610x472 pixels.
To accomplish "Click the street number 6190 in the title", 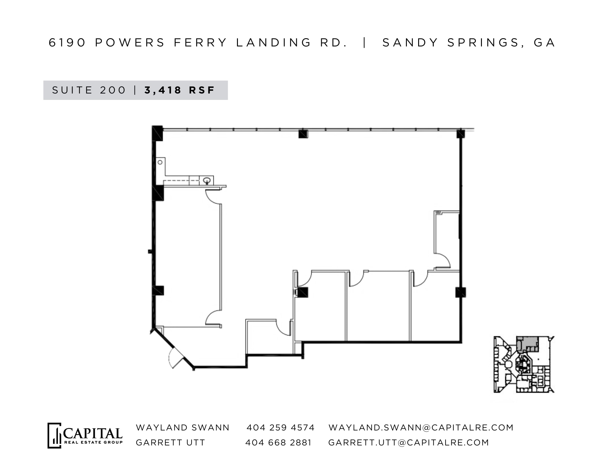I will [67, 42].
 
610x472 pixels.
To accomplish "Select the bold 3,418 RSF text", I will [180, 90].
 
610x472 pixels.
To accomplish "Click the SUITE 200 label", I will [89, 90].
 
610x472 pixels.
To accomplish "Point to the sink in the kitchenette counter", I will [206, 180].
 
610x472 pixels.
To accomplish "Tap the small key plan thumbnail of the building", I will [524, 364].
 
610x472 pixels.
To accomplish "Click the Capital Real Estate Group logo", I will [85, 435].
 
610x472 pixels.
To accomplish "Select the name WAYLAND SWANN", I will [182, 427].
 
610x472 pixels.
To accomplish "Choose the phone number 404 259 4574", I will [280, 427].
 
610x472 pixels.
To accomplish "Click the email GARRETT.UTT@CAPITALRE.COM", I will [408, 442].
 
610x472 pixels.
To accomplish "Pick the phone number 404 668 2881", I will [278, 442].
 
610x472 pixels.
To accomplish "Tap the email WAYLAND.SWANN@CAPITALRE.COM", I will [421, 427].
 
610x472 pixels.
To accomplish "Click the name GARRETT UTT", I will [170, 442].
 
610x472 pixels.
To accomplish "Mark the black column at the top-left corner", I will [157, 133].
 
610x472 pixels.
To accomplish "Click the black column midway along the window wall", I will [303, 134].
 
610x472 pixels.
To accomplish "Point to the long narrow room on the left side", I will [188, 260].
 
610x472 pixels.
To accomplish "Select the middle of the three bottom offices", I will [378, 309].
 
